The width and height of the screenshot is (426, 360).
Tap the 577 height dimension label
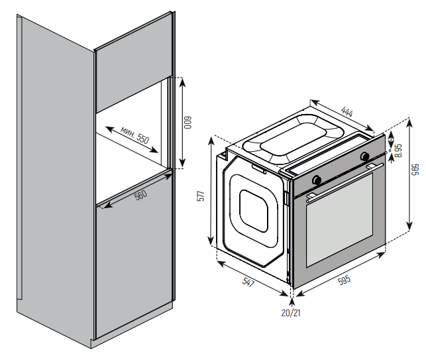coord(202,198)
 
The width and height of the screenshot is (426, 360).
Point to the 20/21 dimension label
coord(291,312)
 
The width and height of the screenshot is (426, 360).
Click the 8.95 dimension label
coord(398,150)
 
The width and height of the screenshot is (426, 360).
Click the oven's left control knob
coord(317,180)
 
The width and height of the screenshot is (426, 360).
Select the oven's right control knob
coord(364,156)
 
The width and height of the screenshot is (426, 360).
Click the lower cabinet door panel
coord(133,265)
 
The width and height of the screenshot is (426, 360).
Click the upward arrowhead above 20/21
coord(292,301)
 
